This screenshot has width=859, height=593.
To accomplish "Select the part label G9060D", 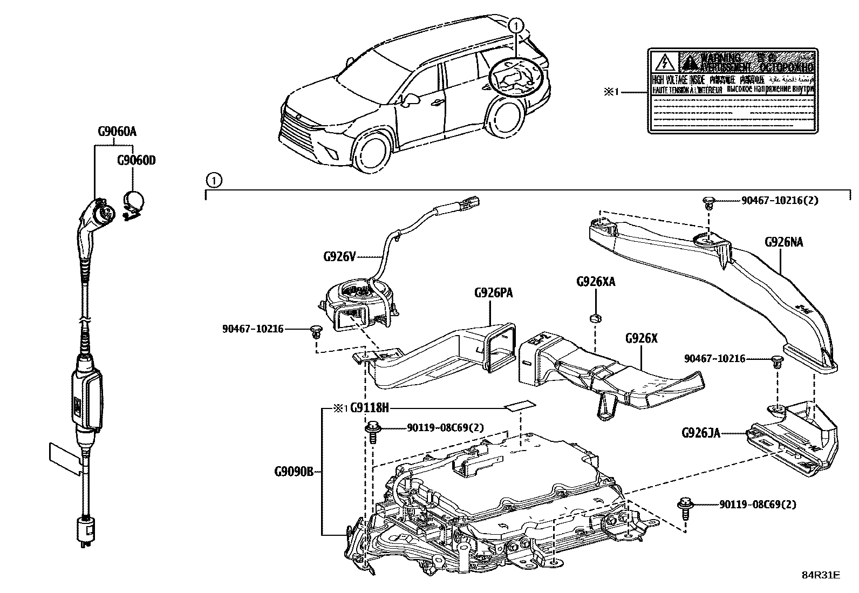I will pyautogui.click(x=137, y=161).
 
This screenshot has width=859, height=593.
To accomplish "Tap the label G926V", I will pyautogui.click(x=339, y=257).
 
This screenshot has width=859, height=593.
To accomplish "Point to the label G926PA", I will pyautogui.click(x=493, y=293).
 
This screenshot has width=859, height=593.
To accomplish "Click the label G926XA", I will pyautogui.click(x=596, y=282).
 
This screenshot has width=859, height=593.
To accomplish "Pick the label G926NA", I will pyautogui.click(x=783, y=242).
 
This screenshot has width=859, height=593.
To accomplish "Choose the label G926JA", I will pyautogui.click(x=701, y=433).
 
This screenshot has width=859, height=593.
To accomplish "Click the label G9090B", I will pyautogui.click(x=294, y=472).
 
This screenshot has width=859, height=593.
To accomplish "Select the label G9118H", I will pyautogui.click(x=369, y=408).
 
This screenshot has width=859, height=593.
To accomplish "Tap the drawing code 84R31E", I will pyautogui.click(x=820, y=575).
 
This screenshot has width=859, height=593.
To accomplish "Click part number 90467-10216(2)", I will pyautogui.click(x=780, y=200).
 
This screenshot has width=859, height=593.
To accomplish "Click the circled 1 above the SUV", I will pyautogui.click(x=516, y=24).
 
